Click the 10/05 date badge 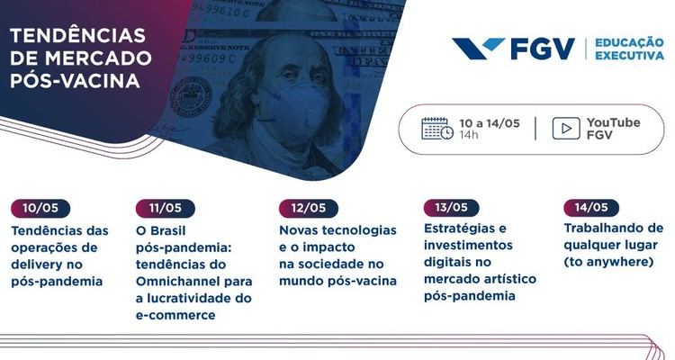[40, 209]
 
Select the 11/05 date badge [166, 209]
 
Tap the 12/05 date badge [309, 209]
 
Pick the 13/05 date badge [452, 208]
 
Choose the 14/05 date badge [591, 208]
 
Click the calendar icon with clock [437, 129]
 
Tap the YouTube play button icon [566, 129]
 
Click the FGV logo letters [543, 49]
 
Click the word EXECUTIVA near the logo [629, 55]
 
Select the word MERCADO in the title [103, 58]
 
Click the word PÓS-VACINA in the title [75, 80]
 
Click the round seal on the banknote [191, 95]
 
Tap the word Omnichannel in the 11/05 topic [179, 282]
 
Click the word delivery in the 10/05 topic [37, 265]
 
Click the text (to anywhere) [608, 262]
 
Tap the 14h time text [469, 135]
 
